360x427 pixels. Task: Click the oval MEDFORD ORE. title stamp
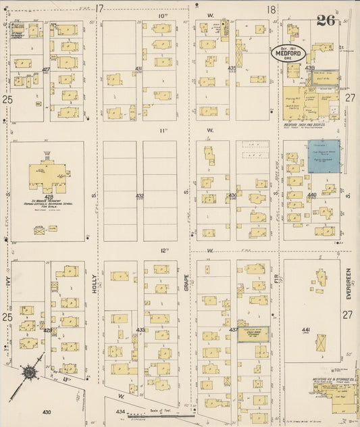pos(290,52)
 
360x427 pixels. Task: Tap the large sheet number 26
pos(326,20)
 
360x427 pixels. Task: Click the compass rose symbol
pos(30,371)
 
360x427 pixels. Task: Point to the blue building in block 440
pos(324,156)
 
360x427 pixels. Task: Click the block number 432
pos(140,196)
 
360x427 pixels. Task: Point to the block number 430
pos(46,411)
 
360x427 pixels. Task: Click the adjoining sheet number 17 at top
pos(99,9)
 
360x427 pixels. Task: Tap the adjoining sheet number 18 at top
pos(271,9)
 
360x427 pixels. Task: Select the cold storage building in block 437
pos(252,333)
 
